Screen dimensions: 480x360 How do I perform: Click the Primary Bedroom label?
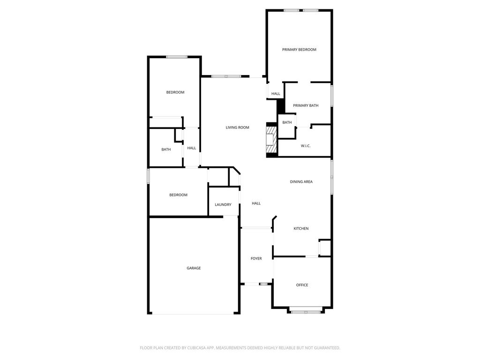click(299, 50)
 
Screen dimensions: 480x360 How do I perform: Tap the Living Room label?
click(237, 127)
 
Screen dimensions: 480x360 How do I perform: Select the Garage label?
click(194, 268)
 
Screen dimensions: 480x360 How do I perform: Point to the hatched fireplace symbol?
click(271, 140)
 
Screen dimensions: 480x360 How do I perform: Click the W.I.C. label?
click(306, 146)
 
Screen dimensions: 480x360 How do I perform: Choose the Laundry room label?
click(223, 204)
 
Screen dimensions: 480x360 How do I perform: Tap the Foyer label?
click(256, 258)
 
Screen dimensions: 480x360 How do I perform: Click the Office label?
click(302, 285)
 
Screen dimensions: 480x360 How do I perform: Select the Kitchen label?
click(301, 228)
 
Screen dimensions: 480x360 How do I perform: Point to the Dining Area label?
click(301, 181)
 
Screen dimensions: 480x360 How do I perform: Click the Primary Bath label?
click(306, 105)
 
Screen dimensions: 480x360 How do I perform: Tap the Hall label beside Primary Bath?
click(276, 94)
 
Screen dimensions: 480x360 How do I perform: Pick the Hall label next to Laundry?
click(256, 203)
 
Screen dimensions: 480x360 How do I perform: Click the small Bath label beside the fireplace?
click(287, 122)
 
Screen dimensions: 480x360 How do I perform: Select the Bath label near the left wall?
click(166, 150)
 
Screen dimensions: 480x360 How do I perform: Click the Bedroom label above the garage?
click(178, 195)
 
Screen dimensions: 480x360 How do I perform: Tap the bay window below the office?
click(306, 312)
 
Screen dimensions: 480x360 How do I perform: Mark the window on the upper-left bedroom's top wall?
click(177, 57)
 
